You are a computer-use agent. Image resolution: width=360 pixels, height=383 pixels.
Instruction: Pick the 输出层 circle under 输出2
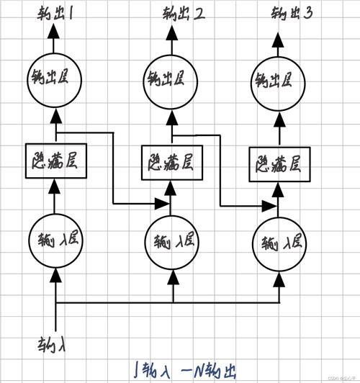pos(171,76)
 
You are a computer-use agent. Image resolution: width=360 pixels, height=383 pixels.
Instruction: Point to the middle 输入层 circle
pos(171,239)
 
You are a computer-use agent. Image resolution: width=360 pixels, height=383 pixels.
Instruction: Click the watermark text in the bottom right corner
pos(338,379)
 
